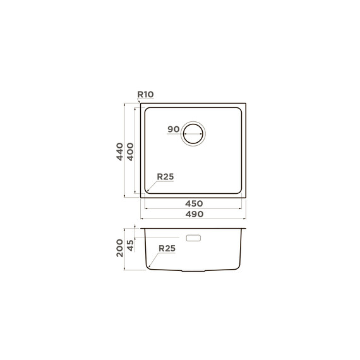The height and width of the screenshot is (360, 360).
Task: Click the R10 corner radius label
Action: tap(145, 94)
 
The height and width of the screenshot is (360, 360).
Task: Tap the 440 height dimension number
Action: tap(119, 152)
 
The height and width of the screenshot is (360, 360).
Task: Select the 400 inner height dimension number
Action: tap(130, 152)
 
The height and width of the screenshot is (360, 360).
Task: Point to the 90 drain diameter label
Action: tap(173, 129)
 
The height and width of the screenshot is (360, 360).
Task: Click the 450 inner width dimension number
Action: tap(194, 203)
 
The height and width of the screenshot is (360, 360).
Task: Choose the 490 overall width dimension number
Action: tap(195, 214)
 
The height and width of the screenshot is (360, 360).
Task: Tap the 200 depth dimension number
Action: tap(119, 248)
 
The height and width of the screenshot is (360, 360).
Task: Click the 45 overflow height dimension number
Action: tap(130, 245)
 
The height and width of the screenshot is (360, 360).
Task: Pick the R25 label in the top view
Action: tap(165, 177)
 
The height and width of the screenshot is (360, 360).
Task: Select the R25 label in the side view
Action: tap(167, 248)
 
